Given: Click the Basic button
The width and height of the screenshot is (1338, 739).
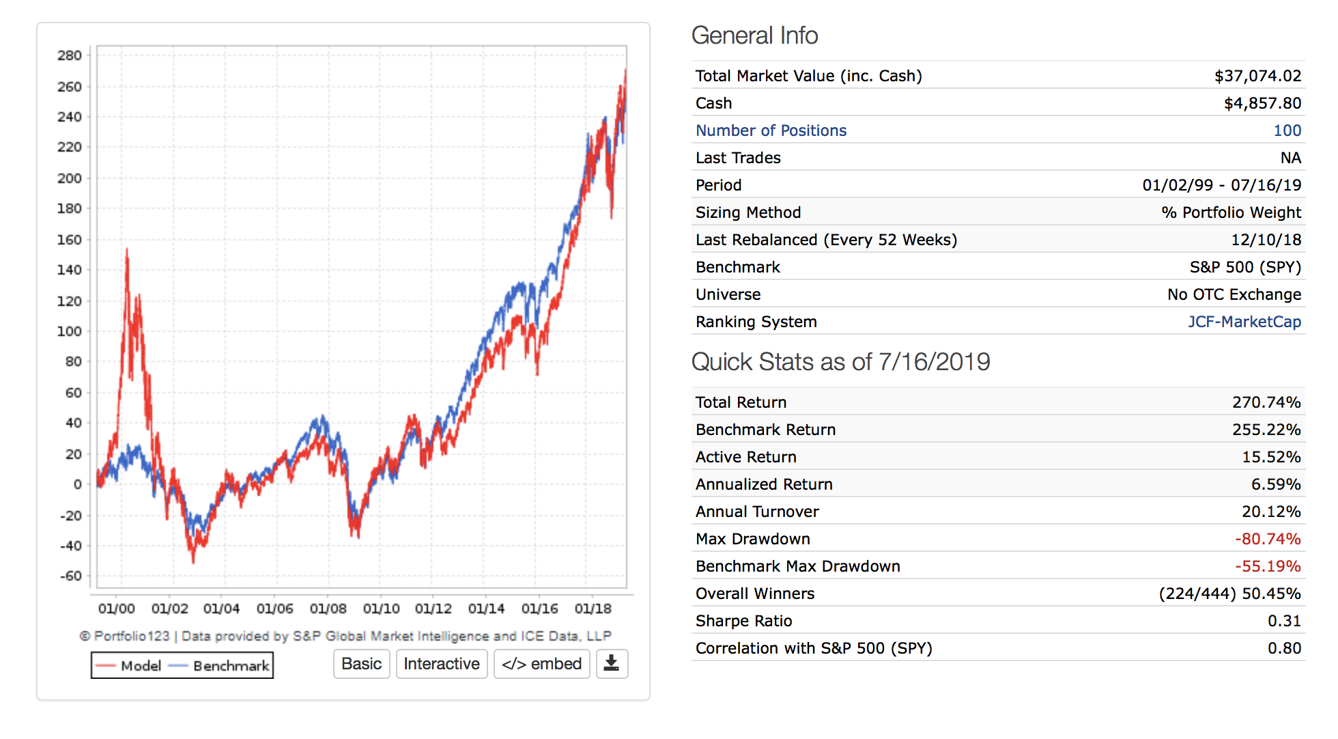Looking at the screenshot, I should coord(361,664).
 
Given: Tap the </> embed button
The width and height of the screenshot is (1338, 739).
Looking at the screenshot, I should coord(541,664).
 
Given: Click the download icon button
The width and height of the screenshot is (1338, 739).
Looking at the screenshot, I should coord(612,664).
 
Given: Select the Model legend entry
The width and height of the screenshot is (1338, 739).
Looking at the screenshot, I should coord(130,665).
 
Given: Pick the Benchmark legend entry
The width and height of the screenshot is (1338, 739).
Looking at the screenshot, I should coord(220,665).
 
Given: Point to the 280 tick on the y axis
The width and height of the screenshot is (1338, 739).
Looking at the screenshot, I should coord(70,55).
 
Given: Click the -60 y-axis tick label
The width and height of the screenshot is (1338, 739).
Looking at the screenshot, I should coord(70,576).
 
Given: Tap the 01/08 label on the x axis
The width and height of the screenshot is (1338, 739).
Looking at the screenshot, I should coord(328,609).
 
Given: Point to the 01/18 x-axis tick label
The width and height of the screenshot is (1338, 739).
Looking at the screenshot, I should coord(593,609).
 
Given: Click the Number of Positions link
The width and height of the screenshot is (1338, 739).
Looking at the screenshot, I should coord(771,130).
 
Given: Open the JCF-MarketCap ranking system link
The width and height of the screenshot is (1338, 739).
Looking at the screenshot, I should coord(1244,322).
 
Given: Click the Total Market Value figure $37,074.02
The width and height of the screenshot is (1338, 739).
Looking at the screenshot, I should coord(1257,76).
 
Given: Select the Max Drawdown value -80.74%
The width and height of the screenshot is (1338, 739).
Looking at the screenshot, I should coord(1267,539).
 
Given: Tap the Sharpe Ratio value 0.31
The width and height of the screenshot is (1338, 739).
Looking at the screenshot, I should coord(1284,621).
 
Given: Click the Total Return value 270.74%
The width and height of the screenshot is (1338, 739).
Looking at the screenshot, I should coord(1266,402).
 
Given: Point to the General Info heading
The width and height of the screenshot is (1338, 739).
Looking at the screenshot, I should coord(754,36).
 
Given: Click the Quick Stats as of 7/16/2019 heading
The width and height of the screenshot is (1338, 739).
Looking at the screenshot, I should coord(840,362).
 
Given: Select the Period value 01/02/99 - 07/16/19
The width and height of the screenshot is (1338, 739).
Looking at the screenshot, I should coord(1221,185).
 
